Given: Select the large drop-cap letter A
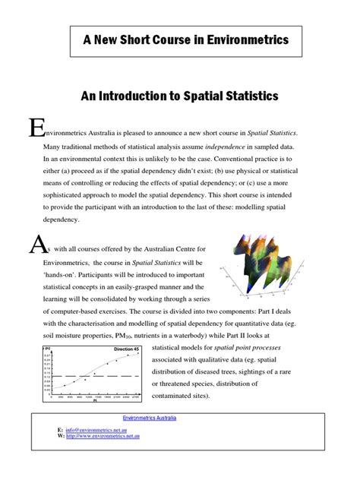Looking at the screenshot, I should coord(35,245).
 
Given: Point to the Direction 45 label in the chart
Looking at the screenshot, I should coord(126,349).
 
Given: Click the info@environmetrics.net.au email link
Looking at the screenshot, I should coord(93,429).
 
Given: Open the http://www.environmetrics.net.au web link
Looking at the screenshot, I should coord(103,436).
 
